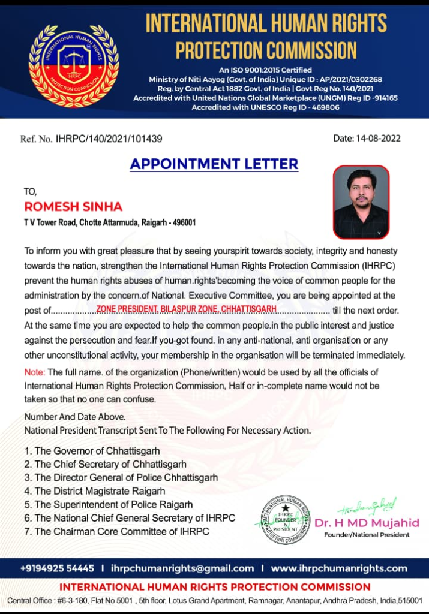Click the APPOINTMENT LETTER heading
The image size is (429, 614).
(x=214, y=164)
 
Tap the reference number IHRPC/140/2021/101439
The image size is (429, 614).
(x=109, y=139)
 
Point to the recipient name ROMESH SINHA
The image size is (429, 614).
(x=73, y=207)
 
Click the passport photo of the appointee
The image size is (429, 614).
(x=361, y=202)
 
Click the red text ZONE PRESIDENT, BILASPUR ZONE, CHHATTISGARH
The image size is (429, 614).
(x=186, y=308)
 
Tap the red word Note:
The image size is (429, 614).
(x=35, y=372)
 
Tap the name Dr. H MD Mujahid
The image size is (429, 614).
(x=367, y=523)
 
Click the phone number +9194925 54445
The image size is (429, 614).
(x=57, y=568)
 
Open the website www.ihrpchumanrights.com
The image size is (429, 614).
(x=339, y=568)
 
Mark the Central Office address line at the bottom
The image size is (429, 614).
(x=214, y=600)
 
